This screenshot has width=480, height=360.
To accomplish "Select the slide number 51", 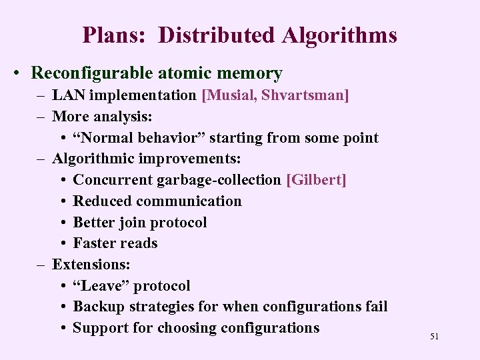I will [434, 337].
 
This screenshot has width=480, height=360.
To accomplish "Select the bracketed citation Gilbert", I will [315, 180].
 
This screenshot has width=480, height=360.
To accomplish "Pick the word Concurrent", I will [111, 180].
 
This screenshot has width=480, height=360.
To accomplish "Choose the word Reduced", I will [101, 201].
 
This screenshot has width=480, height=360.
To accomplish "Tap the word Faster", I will [95, 243].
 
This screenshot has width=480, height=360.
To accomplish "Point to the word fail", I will [375, 307].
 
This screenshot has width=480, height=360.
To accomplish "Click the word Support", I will [101, 328].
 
